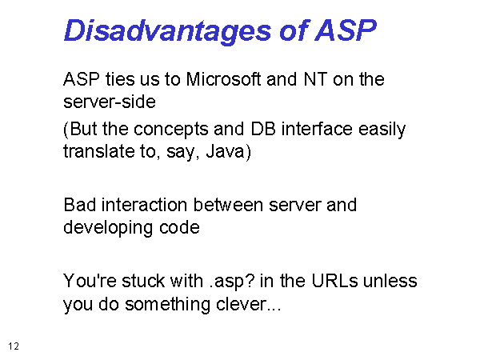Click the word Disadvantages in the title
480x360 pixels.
[x=167, y=31]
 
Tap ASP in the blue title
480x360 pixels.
[x=346, y=30]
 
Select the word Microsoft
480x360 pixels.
[x=223, y=79]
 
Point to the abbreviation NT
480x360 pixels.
[x=315, y=79]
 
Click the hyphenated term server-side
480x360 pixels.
[x=110, y=102]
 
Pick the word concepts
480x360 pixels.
[x=171, y=130]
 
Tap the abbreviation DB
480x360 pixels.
[x=262, y=129]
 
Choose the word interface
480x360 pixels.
[x=317, y=129]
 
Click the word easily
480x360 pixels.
[x=382, y=130]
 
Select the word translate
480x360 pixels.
[x=98, y=151]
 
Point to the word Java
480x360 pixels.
[x=225, y=151]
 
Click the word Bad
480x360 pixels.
[x=79, y=205]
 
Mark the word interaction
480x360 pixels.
[x=144, y=205]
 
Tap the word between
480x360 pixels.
[x=228, y=205]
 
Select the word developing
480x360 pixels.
[x=108, y=228]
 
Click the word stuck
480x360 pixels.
[x=143, y=281]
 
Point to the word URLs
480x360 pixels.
[x=334, y=281]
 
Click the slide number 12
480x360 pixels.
[x=14, y=346]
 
